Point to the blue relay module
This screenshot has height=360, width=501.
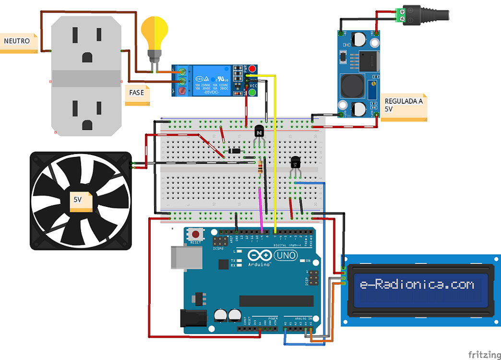(x=211, y=80)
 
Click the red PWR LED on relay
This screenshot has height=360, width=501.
(x=252, y=69)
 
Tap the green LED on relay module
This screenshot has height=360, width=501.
(x=252, y=91)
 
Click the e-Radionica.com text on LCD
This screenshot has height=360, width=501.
(x=417, y=285)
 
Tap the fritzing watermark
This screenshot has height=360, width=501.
(x=484, y=355)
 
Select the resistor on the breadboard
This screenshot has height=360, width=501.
(x=261, y=167)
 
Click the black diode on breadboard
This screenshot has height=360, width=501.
(x=235, y=151)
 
